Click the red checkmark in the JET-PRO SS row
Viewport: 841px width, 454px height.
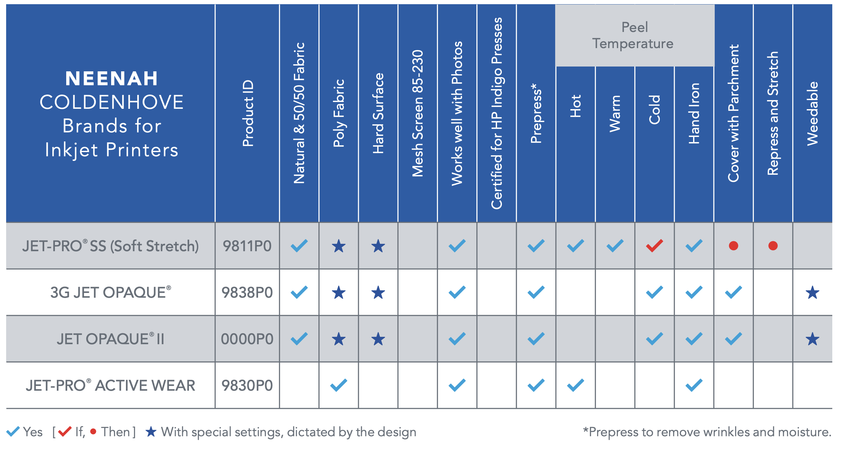[x=654, y=246]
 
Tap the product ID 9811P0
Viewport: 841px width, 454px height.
[x=247, y=246]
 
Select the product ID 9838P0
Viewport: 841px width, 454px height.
[x=247, y=293]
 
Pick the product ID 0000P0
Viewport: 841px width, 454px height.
[x=247, y=339]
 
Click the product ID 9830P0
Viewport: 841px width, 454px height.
[x=247, y=386]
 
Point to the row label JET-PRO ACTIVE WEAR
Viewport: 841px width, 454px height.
[x=111, y=386]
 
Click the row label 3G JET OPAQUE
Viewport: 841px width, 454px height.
[x=111, y=292]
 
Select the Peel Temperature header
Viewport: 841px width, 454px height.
[x=634, y=35]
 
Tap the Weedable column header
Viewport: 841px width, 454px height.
[x=813, y=114]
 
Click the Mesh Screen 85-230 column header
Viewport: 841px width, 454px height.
[x=418, y=113]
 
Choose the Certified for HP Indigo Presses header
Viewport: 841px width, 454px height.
[x=497, y=113]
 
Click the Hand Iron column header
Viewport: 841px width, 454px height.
[x=694, y=113]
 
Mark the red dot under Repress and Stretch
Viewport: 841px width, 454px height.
[x=773, y=246]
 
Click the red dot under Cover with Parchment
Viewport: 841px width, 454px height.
[x=733, y=246]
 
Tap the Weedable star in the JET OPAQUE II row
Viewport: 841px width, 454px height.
[x=813, y=339]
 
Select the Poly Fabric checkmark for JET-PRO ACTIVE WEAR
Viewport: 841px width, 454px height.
[x=338, y=386]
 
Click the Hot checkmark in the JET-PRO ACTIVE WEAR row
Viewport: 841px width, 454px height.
[x=575, y=386]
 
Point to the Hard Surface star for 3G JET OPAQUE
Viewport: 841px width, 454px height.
[x=378, y=293]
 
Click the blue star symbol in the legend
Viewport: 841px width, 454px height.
[x=151, y=432]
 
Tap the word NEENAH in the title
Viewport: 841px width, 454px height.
[x=112, y=79]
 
